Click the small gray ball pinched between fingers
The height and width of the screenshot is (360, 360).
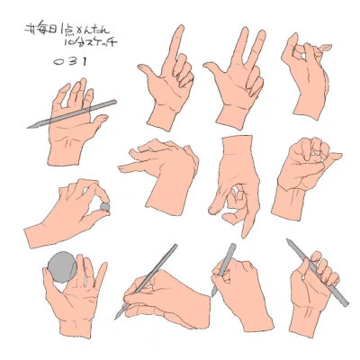[105, 206]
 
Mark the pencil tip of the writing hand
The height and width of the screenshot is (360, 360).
[118, 316]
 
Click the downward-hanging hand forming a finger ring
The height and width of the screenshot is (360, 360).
[236, 184]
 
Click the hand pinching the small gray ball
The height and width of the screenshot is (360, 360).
[72, 211]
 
